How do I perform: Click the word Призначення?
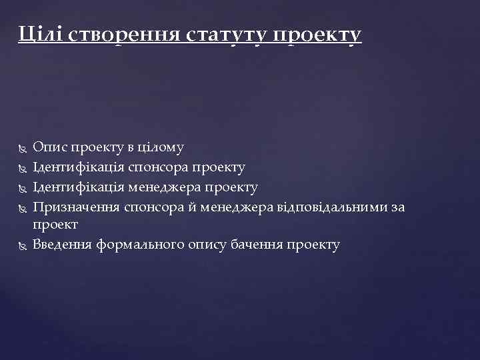pos(77,207)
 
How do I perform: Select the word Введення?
pos(63,245)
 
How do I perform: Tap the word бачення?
pos(255,245)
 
